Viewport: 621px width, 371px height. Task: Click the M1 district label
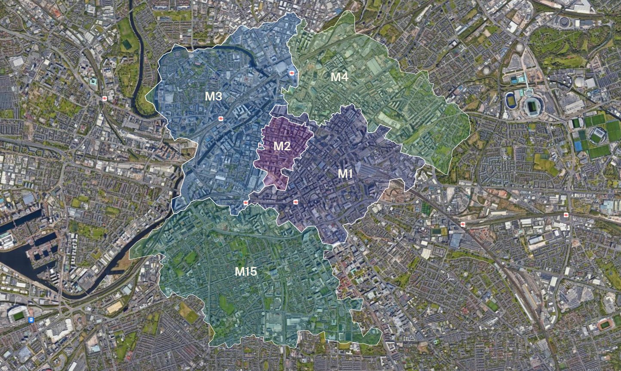345,174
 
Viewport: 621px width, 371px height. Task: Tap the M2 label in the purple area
282,146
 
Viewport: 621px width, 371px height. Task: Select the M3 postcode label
213,96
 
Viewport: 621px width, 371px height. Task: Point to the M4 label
339,77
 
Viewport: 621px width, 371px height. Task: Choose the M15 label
246,271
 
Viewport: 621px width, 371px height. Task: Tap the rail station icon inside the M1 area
295,202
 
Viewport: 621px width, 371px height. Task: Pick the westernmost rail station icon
105,98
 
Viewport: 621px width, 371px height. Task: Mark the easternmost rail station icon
566,215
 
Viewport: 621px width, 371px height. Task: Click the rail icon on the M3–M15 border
246,203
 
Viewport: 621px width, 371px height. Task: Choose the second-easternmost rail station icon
463,224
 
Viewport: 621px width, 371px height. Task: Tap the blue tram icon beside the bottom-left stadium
31,319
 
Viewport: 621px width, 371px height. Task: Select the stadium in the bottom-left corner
18,315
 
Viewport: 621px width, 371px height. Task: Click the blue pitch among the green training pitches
578,146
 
